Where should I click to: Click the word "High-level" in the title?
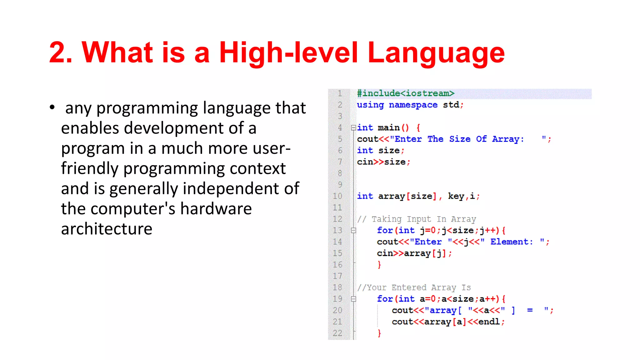click(x=288, y=52)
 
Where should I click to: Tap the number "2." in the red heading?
click(x=61, y=52)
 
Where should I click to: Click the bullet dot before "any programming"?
click(x=52, y=107)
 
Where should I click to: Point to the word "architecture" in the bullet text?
click(x=107, y=229)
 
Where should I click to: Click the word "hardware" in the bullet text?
click(x=216, y=208)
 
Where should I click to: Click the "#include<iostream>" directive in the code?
click(x=405, y=93)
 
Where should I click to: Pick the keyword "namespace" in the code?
click(x=413, y=105)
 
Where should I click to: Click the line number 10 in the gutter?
click(x=337, y=196)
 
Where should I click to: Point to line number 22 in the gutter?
click(x=337, y=333)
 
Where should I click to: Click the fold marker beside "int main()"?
click(x=353, y=127)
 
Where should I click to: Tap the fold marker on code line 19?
click(x=353, y=299)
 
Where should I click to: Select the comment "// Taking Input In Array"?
click(x=417, y=219)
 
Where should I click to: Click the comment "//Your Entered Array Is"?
click(x=414, y=287)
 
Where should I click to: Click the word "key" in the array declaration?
click(x=456, y=196)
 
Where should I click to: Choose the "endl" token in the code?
click(x=489, y=322)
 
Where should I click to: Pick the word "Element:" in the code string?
click(x=511, y=242)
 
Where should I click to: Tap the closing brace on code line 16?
click(x=379, y=265)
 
